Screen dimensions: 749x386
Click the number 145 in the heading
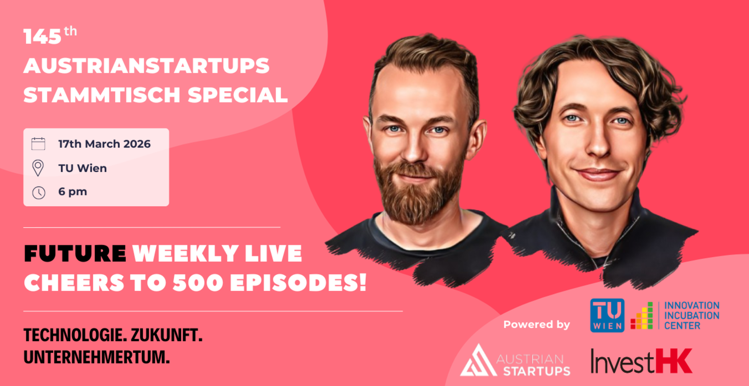[42, 37]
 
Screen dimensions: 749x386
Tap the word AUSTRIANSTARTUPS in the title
[146, 66]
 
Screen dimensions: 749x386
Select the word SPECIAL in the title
[238, 95]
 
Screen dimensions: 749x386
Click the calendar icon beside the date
[38, 144]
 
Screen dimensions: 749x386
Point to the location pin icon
[38, 168]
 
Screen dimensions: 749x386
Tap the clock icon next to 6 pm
[39, 193]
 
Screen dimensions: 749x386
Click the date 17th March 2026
[105, 144]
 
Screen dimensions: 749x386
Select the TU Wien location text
[83, 168]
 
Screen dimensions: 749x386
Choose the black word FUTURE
[75, 254]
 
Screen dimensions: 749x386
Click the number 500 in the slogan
[198, 282]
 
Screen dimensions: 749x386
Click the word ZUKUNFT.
[166, 335]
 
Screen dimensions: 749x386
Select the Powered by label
[537, 325]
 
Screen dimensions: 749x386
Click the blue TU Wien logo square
[607, 315]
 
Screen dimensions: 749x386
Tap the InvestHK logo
[642, 361]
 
